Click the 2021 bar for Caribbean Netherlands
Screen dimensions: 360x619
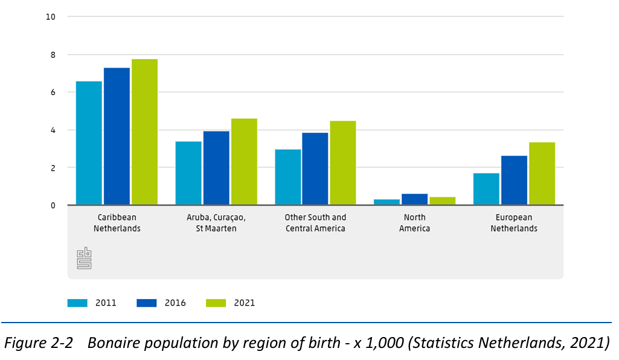click(144, 132)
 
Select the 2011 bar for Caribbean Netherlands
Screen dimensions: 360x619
click(89, 143)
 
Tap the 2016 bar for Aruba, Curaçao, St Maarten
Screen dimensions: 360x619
click(216, 168)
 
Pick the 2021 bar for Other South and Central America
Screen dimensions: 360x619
click(342, 163)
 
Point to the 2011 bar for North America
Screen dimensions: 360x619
click(387, 202)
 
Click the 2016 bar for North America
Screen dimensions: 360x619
click(415, 199)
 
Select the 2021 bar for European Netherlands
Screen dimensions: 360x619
click(542, 173)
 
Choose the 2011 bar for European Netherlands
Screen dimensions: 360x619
click(486, 189)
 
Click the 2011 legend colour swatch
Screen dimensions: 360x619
click(78, 303)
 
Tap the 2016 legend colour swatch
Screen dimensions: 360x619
click(147, 303)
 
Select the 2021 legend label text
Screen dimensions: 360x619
click(245, 303)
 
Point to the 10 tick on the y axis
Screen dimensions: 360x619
click(51, 17)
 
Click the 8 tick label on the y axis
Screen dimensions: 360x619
click(53, 55)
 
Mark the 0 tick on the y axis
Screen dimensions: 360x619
click(53, 205)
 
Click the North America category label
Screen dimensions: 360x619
click(414, 223)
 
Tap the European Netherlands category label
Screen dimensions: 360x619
click(514, 223)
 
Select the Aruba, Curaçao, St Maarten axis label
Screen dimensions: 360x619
click(216, 223)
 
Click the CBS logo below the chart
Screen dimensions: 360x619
click(84, 258)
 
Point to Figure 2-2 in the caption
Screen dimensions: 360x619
click(39, 343)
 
